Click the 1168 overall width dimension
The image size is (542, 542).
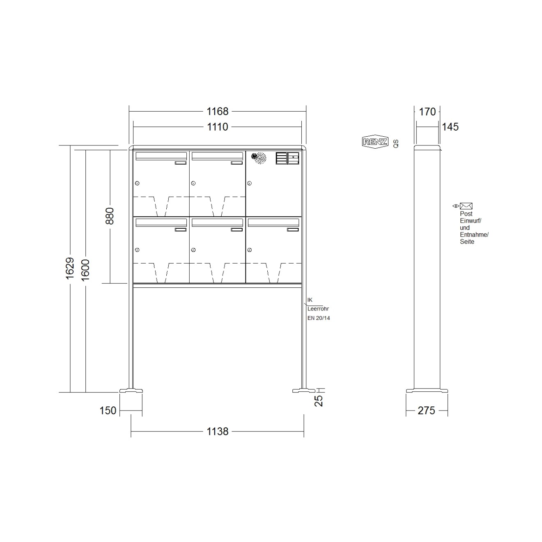pyautogui.click(x=217, y=111)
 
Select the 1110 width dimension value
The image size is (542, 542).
pyautogui.click(x=217, y=127)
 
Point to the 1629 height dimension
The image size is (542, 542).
pyautogui.click(x=70, y=268)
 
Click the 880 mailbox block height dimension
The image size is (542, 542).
pyautogui.click(x=110, y=216)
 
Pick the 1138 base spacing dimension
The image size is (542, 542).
pyautogui.click(x=217, y=431)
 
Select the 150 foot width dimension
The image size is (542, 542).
pyautogui.click(x=108, y=410)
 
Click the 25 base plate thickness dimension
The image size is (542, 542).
pyautogui.click(x=319, y=400)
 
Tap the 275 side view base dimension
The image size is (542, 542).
pyautogui.click(x=426, y=410)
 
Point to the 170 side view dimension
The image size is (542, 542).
pyautogui.click(x=427, y=111)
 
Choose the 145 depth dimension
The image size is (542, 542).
pyautogui.click(x=450, y=127)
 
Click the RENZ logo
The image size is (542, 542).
pyautogui.click(x=375, y=142)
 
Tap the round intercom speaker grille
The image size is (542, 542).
pyautogui.click(x=259, y=158)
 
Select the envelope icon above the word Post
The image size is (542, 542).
pyautogui.click(x=466, y=206)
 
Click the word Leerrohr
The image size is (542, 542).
pyautogui.click(x=318, y=309)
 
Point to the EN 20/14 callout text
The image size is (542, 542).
pyautogui.click(x=319, y=318)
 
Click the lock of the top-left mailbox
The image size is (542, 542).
pyautogui.click(x=137, y=183)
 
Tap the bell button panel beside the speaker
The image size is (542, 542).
pyautogui.click(x=287, y=158)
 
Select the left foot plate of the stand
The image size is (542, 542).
pyautogui.click(x=131, y=390)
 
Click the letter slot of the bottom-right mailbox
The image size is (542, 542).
pyautogui.click(x=273, y=223)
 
